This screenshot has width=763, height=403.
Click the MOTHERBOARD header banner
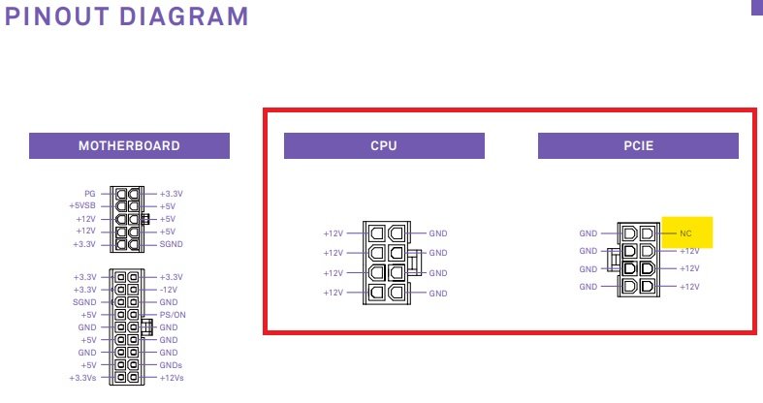point(129,146)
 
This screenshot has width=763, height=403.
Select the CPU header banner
point(384,146)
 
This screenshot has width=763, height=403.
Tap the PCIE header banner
point(638,146)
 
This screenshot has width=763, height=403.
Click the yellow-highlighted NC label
point(685,233)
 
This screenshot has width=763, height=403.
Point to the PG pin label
point(90,194)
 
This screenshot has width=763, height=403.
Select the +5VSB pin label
point(82,205)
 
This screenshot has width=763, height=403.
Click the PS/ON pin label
point(173,315)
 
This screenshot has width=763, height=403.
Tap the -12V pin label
point(169,290)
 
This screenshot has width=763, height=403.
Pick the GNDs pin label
point(171,365)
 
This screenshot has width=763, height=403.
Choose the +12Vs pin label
point(172,378)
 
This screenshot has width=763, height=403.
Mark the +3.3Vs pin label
point(82,378)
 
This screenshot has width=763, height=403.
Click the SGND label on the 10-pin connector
point(172,244)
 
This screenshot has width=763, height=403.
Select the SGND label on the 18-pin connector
point(84,302)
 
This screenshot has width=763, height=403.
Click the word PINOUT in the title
point(57,16)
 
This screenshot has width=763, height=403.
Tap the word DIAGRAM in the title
point(184,16)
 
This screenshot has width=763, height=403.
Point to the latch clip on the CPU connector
point(416,263)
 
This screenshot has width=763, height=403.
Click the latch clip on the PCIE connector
point(613,258)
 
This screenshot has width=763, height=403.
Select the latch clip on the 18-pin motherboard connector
point(147,326)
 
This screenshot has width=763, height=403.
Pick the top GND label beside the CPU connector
point(438,233)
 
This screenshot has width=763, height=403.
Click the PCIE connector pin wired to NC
point(648,233)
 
